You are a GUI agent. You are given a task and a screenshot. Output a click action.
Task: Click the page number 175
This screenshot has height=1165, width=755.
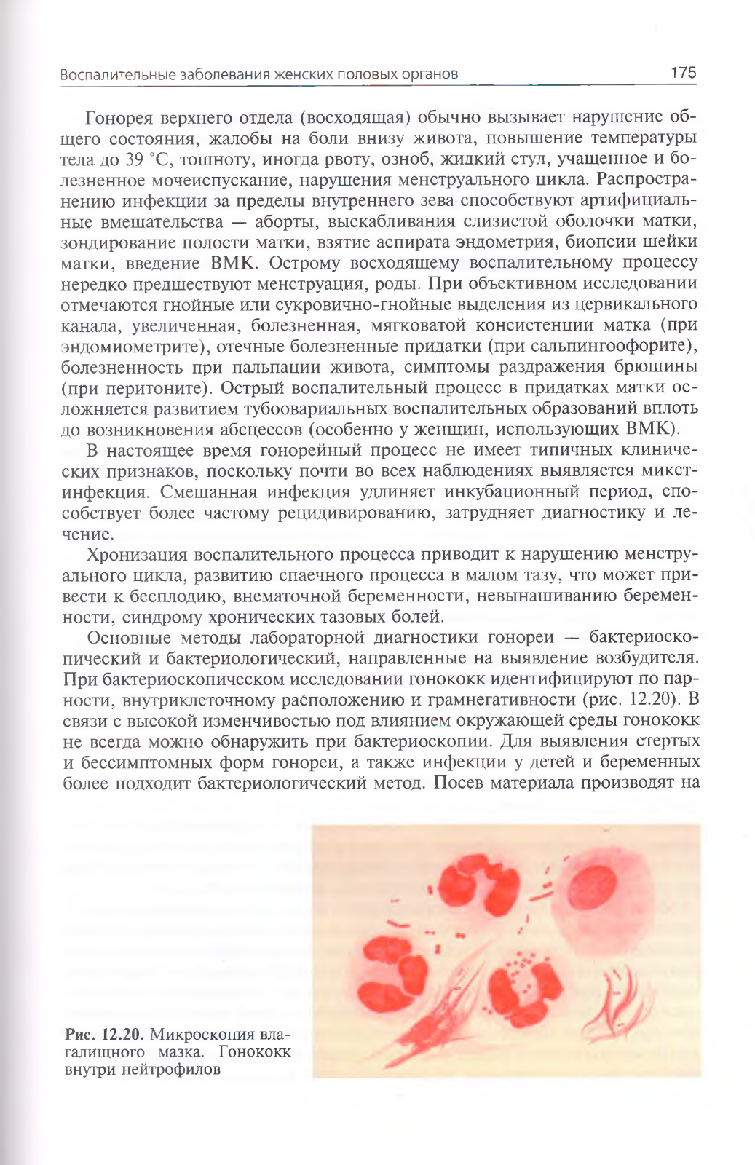683,73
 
